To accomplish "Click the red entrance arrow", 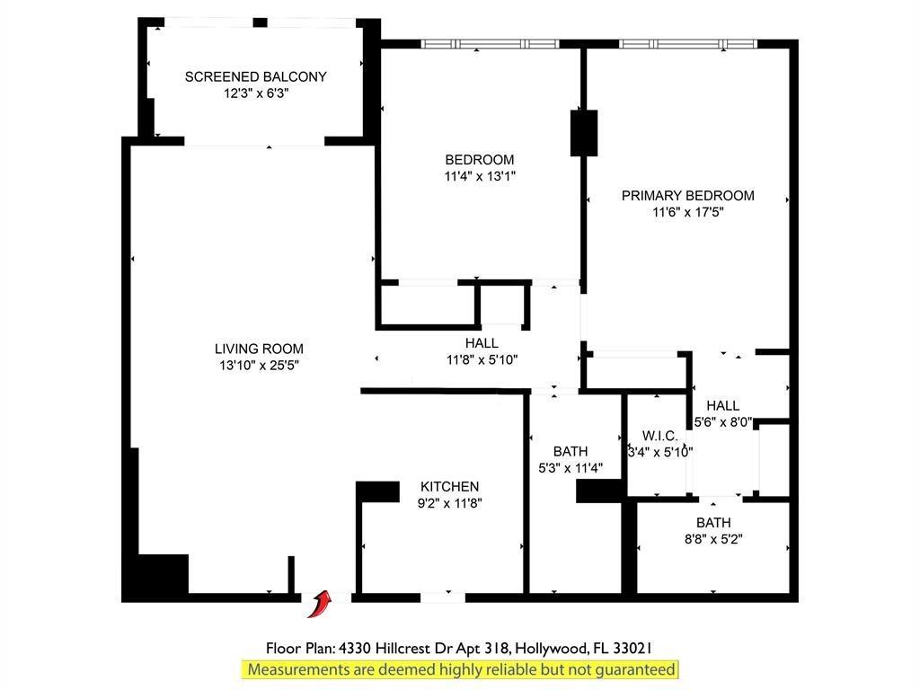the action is pos(319,605).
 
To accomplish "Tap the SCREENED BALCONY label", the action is pos(256,77).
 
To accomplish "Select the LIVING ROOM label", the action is pos(259,349).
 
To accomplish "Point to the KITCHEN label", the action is pos(449,486).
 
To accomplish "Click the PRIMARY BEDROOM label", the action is pos(687,195).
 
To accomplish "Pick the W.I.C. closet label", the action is pos(660,436).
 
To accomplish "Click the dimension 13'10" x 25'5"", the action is pos(260,365).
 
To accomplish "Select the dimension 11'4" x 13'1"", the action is pos(480,176).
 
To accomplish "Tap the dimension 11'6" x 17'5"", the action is pos(687,212).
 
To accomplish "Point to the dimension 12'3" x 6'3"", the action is pos(256,93).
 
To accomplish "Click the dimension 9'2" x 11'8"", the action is pos(449,503).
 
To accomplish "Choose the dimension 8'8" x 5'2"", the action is pos(713,539).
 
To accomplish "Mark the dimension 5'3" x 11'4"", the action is pos(571,467).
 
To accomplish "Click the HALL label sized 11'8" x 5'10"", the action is pos(482,343).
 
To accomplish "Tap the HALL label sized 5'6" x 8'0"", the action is pos(723,405).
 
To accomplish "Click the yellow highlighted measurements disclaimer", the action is pos(461,669).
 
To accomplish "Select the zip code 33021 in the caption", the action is pos(632,649).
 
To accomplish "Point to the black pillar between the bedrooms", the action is pos(584,133).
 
